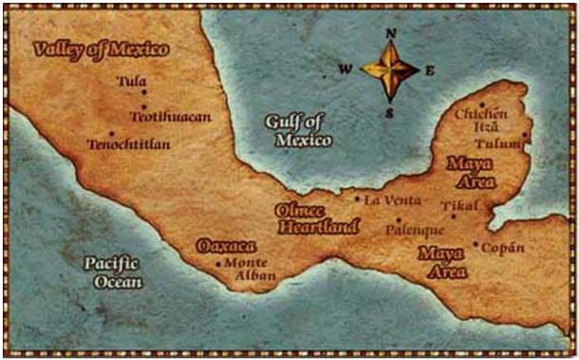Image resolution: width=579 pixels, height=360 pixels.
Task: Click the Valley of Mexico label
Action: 100,48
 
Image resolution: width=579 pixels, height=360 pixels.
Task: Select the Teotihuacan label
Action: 169,116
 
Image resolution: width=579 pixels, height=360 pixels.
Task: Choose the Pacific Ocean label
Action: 112,272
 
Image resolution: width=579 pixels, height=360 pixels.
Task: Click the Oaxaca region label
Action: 226,246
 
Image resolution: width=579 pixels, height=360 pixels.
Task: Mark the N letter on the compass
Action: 390,33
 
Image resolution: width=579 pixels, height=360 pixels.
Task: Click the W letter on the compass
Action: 346,69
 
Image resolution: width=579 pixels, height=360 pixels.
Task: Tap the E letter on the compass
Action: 429,69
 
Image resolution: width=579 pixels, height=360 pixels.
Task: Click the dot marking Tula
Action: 144,92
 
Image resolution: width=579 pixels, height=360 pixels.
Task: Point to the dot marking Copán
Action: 476,244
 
